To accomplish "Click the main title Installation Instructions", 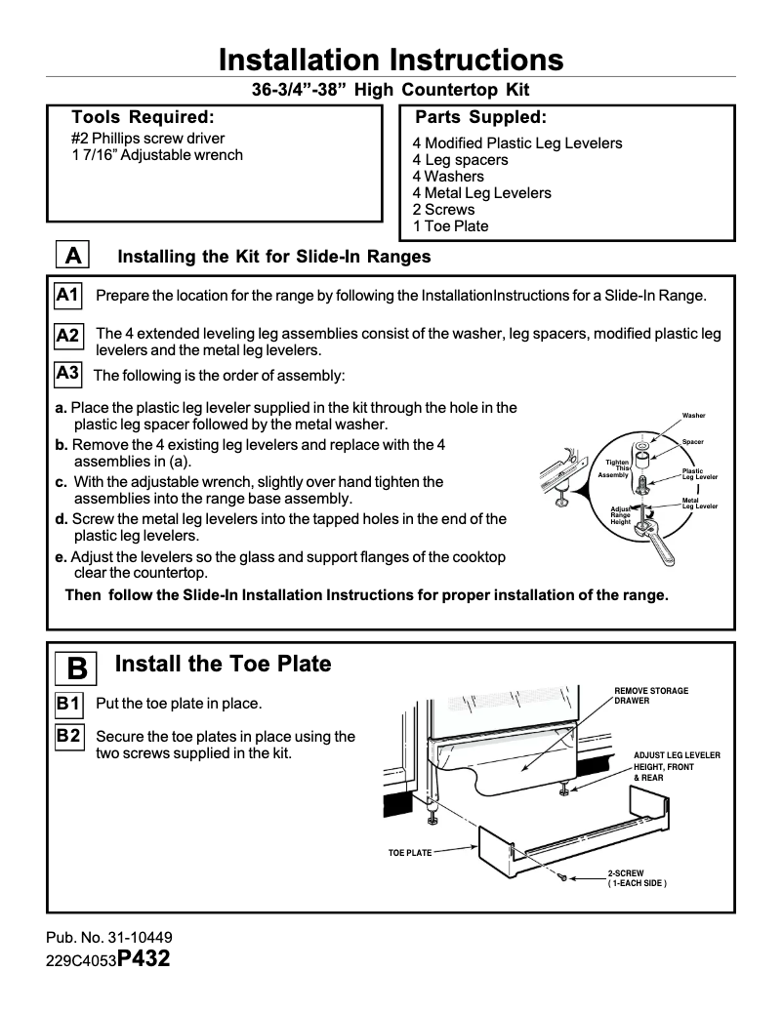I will point(391,60).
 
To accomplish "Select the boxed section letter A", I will point(71,256).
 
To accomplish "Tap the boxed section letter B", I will point(77,668).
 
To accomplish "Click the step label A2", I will point(68,336).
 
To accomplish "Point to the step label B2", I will point(68,736).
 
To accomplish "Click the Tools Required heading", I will point(143,118).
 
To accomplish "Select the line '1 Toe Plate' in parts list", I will point(450,225).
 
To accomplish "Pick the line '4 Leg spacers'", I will point(460,159).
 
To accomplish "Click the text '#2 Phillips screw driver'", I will point(147,139).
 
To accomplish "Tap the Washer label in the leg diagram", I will point(693,416).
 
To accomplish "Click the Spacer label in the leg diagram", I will point(693,442).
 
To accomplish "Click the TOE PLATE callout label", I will point(410,853).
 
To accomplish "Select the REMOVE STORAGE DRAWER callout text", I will point(651,696).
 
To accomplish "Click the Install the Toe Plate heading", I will point(223,665).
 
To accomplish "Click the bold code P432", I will point(144,958).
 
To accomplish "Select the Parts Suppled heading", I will point(480,118).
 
